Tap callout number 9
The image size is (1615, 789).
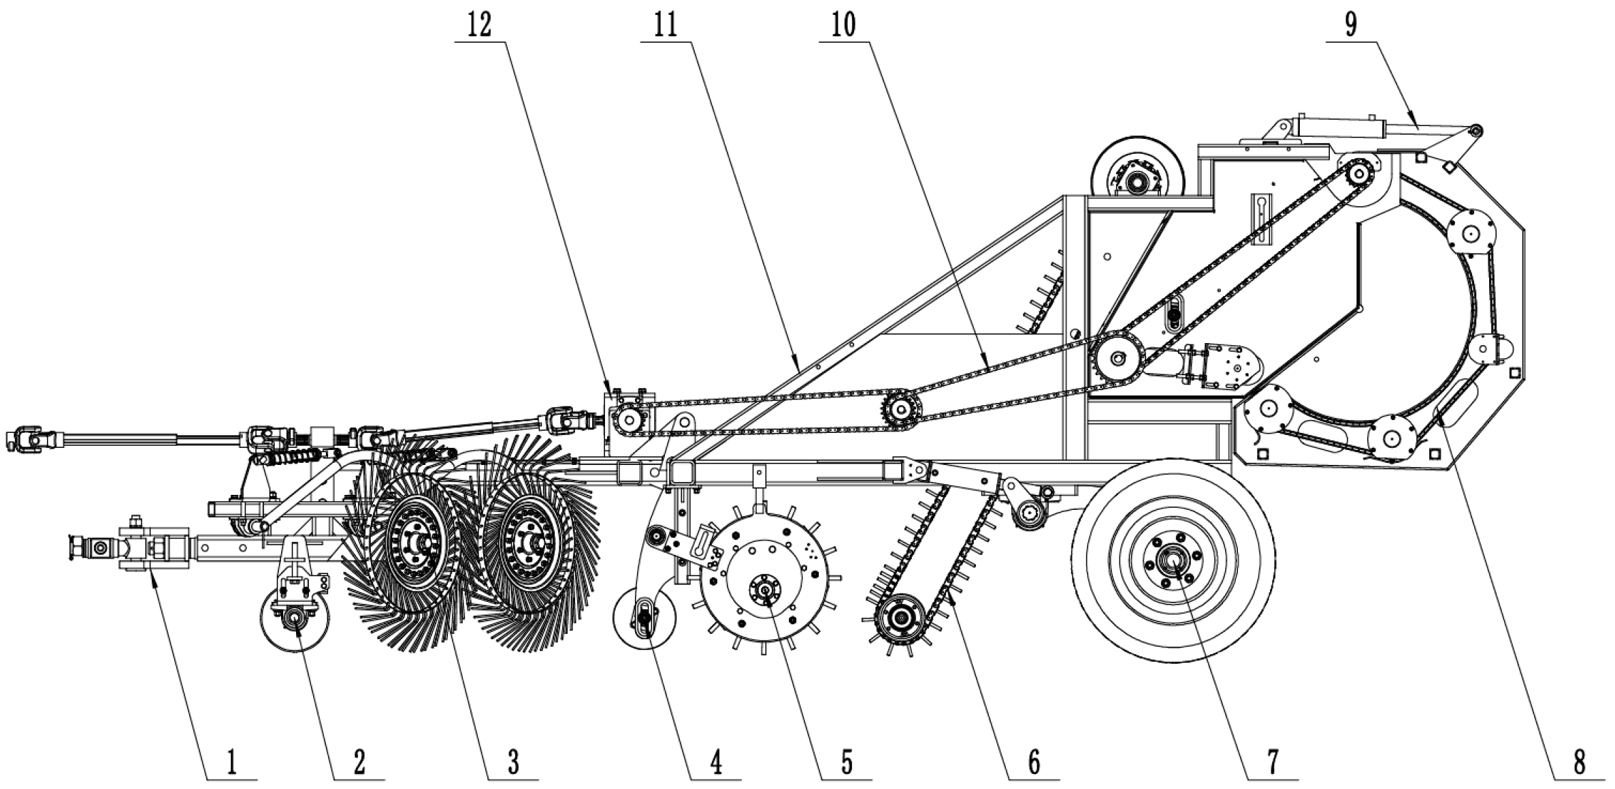1351,25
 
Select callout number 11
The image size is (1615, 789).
666,25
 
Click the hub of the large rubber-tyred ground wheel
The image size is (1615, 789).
1173,562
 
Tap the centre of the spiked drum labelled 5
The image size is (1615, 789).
765,588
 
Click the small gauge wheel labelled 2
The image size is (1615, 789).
295,617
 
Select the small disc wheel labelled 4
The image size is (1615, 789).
644,619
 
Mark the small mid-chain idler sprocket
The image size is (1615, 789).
901,409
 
